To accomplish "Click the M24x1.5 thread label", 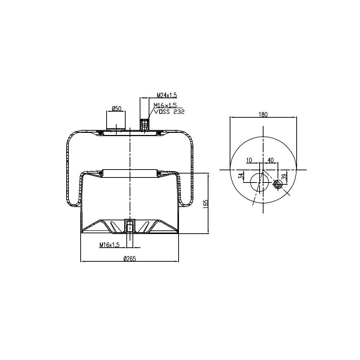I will point(167,95).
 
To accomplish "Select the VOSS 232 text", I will point(169,112).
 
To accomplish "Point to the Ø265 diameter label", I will point(129,258).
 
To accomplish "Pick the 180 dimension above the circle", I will point(263,114).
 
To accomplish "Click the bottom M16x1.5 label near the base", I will point(109,245).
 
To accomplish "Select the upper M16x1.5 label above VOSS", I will point(165,105).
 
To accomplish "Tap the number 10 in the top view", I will point(249,160).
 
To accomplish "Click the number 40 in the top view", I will point(271,160).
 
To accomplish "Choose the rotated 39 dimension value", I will point(284,177).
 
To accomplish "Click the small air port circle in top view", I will point(278,184).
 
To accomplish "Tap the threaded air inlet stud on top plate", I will point(144,125).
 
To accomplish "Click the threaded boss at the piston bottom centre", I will point(129,226).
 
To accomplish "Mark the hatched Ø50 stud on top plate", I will point(116,127).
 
